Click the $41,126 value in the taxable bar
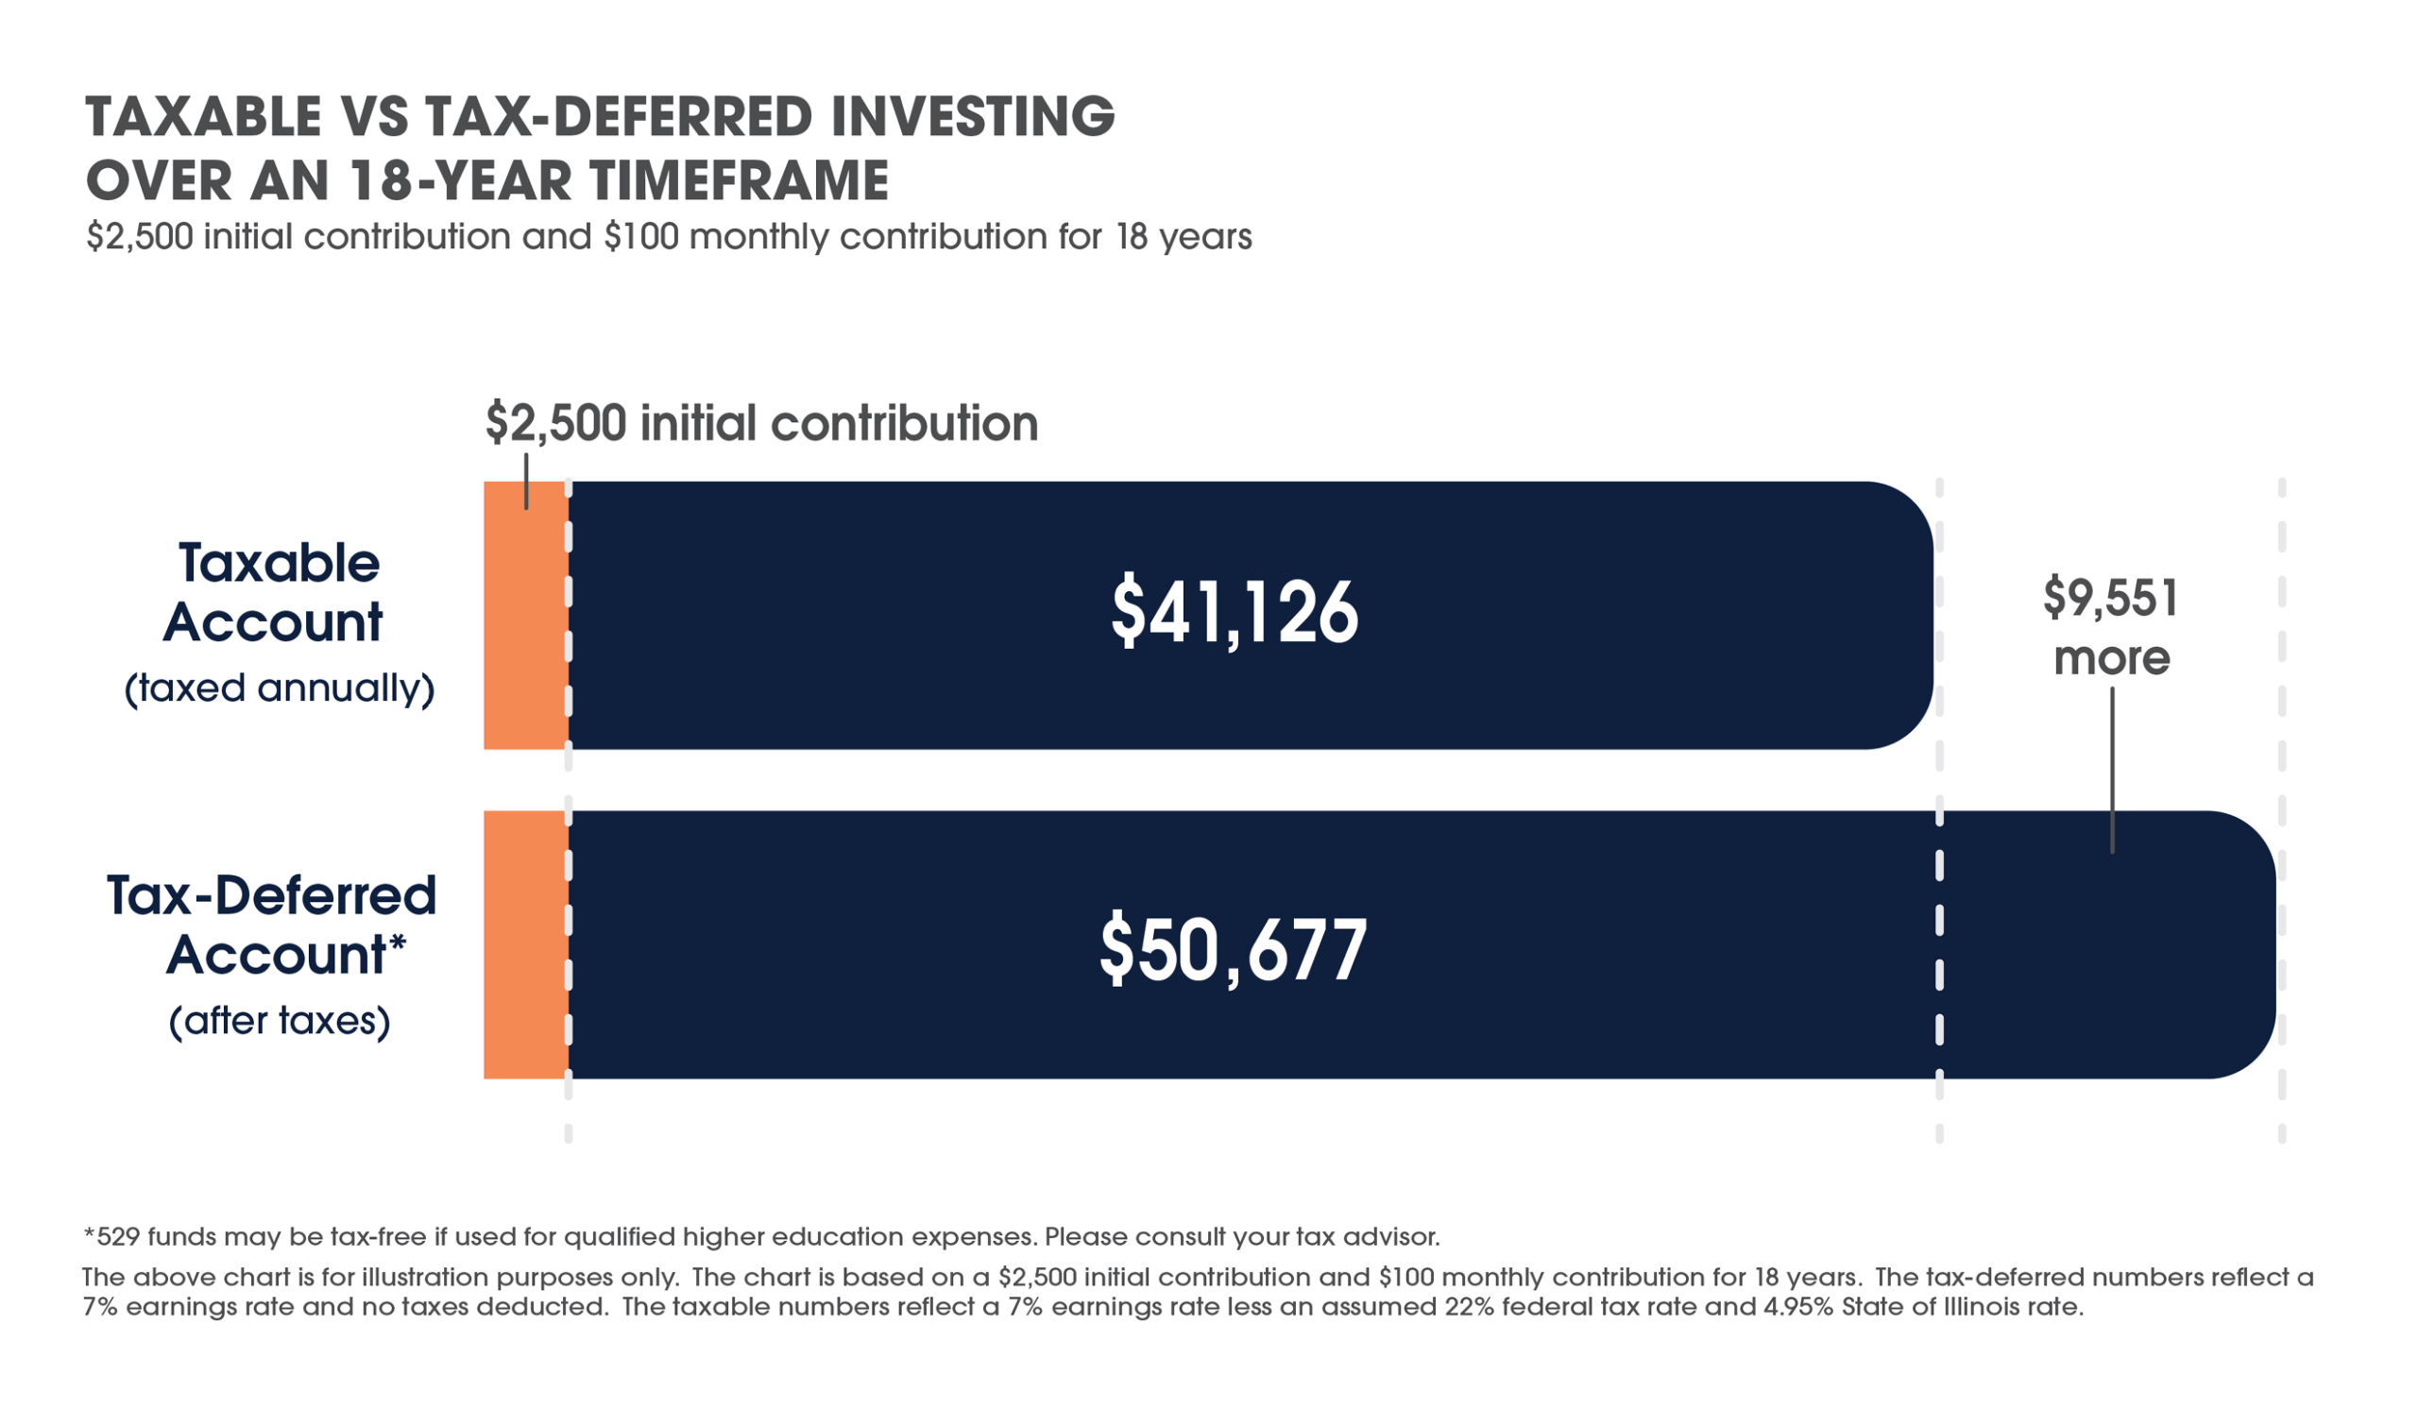pos(1234,612)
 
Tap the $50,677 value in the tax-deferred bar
pos(1233,950)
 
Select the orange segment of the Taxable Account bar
pos(525,633)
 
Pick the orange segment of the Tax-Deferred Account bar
pos(525,944)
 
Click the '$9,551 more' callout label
pos(2111,627)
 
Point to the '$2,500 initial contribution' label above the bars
pos(762,423)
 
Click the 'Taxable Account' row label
pos(276,592)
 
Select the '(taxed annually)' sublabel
pos(280,688)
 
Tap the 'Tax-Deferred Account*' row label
pos(274,925)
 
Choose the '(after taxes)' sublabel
pos(280,1021)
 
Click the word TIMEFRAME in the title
pos(739,180)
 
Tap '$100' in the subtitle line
pos(640,237)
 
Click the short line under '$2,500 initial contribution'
pos(526,481)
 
